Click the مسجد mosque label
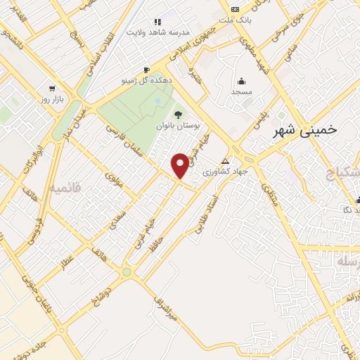tap(241, 92)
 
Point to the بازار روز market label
tap(52, 101)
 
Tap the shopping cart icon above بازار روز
tap(52, 89)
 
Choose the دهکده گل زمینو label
tap(146, 82)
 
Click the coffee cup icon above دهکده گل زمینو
tap(146, 70)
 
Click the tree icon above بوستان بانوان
tap(177, 115)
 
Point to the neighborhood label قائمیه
tap(65, 188)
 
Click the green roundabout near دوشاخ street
tap(127, 271)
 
